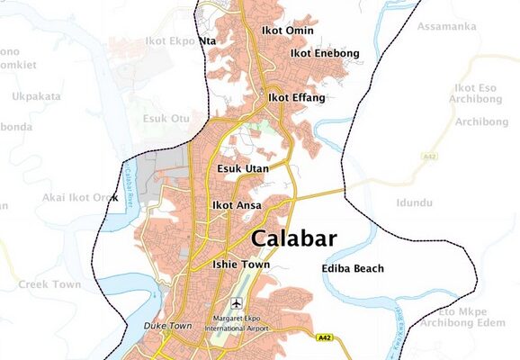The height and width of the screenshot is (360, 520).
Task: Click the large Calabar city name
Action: pos(294,239)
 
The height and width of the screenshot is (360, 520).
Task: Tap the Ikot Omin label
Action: pos(288,31)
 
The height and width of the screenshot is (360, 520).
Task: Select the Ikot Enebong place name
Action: pos(324,54)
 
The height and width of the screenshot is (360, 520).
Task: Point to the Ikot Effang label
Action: pos(296,97)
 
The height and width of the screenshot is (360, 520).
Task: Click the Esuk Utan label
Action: pos(244,168)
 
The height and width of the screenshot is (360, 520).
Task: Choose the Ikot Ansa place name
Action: pos(237,206)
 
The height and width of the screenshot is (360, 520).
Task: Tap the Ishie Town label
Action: pos(240,265)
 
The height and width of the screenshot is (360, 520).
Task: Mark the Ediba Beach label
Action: pos(353,269)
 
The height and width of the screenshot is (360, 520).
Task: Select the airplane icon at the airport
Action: pos(238,303)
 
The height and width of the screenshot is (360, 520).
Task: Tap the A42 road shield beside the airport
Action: pos(325,338)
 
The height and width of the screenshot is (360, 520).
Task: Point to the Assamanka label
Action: pos(446,27)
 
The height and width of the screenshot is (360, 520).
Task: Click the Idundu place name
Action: pos(415,203)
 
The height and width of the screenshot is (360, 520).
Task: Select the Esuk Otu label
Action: pos(167,118)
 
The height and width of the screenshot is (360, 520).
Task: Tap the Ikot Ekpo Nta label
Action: pos(181,40)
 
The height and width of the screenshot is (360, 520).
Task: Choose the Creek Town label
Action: pos(49,284)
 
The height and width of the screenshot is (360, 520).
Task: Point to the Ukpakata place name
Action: pos(36,96)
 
